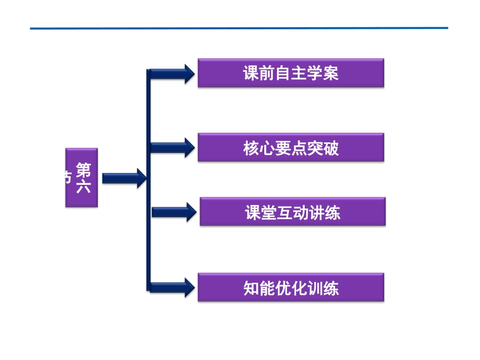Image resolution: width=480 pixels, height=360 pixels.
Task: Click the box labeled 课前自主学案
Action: (291, 73)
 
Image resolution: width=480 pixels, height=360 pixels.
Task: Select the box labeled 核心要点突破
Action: (291, 147)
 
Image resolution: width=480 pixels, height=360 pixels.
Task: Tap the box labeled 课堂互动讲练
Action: (292, 212)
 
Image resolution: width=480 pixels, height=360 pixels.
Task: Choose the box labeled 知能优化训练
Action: (291, 288)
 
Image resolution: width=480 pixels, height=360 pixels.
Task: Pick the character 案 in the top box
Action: (330, 74)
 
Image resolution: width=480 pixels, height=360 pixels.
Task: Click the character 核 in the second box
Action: (251, 148)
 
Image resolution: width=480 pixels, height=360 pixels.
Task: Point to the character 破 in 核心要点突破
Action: (331, 148)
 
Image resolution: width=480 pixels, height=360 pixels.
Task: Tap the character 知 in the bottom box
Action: (251, 288)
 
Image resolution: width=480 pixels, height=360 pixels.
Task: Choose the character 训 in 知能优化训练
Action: (315, 288)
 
